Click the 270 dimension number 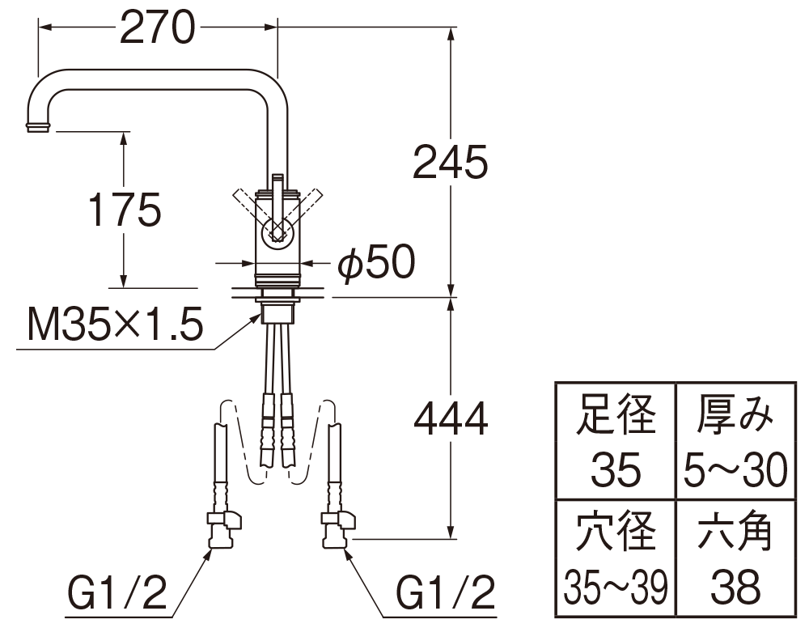click(158, 28)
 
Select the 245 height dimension click(451, 162)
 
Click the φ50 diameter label click(376, 263)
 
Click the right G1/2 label click(445, 592)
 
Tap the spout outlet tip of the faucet click(39, 127)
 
